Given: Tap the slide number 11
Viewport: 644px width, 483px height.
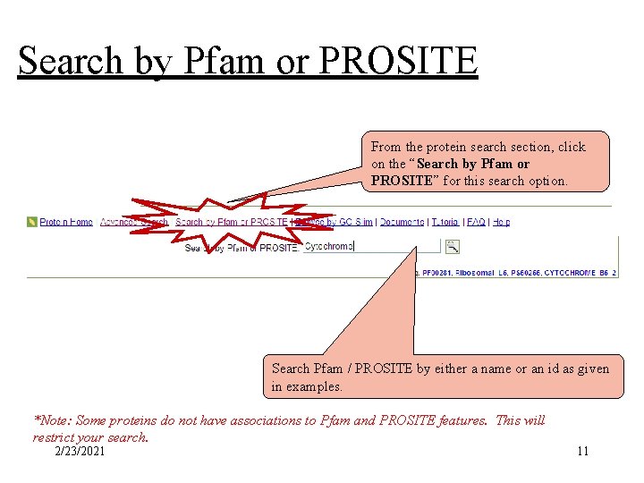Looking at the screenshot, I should coord(582,451).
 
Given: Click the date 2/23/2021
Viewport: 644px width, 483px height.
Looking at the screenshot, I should coord(80,451).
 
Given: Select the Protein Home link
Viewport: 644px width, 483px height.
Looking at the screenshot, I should coord(66,222).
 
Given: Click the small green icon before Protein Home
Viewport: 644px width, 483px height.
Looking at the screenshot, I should coord(32,222).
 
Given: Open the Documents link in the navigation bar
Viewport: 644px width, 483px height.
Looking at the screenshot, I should coord(402,222).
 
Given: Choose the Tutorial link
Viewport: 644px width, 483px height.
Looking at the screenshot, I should coord(445,222).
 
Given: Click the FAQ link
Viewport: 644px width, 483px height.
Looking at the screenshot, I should coord(476,222).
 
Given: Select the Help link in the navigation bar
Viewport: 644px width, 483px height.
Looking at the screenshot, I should coord(502,222).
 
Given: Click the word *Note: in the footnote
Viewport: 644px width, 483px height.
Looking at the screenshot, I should coord(50,420).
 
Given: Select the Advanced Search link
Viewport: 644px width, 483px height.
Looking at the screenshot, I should coord(134,222).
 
